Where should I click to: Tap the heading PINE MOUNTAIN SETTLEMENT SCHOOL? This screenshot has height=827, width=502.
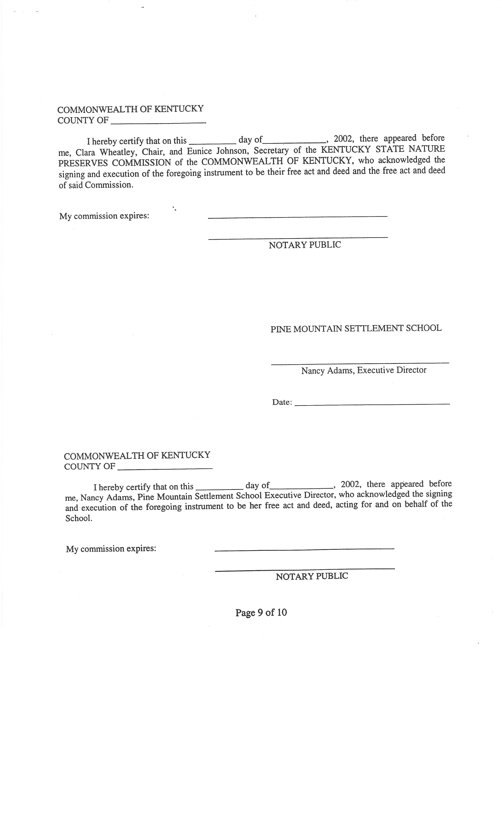[356, 328]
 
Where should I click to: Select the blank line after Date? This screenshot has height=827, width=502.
[372, 404]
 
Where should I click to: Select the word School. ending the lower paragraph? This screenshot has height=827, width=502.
[79, 518]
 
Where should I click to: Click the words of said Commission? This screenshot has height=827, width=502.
[96, 185]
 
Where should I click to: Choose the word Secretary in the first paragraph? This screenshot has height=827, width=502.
[271, 150]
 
